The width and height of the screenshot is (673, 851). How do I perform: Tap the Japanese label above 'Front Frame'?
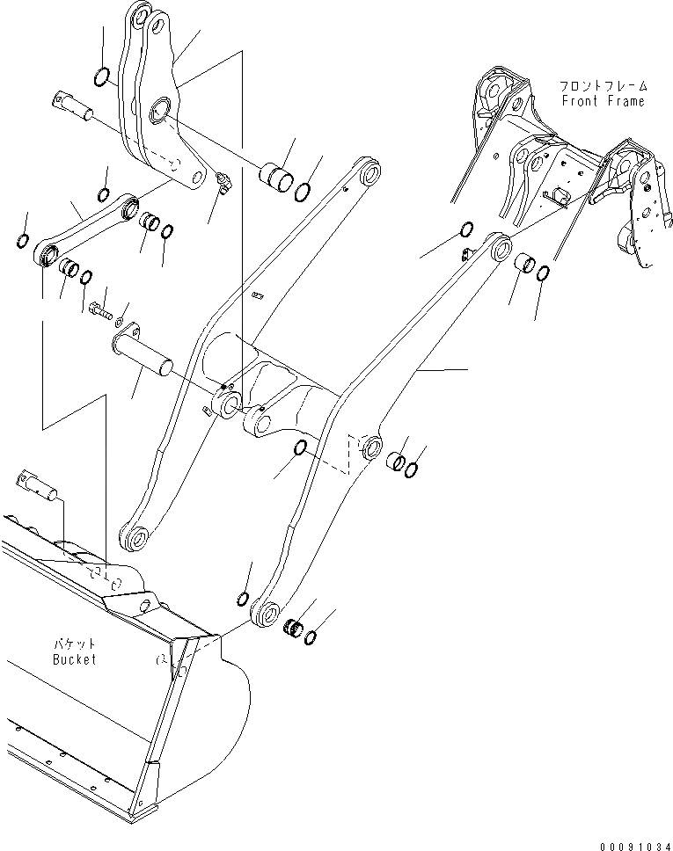tap(603, 86)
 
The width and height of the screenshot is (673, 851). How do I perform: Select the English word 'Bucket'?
tap(74, 659)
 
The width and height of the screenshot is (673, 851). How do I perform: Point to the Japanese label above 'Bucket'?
tap(74, 644)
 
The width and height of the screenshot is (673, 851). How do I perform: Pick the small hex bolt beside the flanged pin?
tap(99, 309)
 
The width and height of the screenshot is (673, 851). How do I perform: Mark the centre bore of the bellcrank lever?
tap(161, 111)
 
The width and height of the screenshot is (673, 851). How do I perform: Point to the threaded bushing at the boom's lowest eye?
tap(296, 628)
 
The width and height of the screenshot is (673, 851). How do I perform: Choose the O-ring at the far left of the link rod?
tap(23, 240)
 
